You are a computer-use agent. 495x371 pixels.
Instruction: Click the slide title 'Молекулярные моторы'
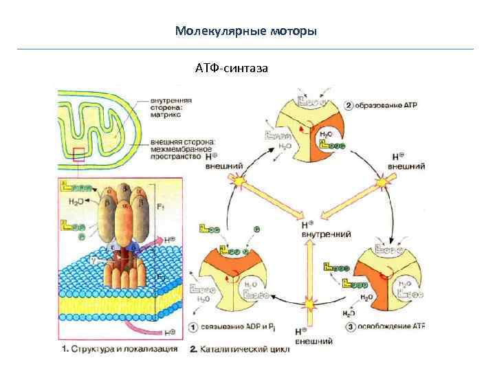pos(246,31)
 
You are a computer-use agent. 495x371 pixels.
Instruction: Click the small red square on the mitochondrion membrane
pos(79,154)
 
